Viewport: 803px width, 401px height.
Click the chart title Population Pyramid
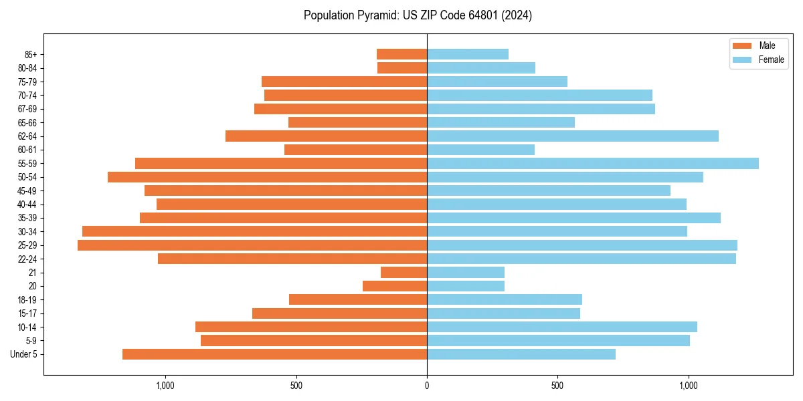coord(418,15)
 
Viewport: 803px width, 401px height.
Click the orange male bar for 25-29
coord(252,245)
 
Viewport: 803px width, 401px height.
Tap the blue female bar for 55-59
coord(593,163)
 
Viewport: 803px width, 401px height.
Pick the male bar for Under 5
coord(274,354)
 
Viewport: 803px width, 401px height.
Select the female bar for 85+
coord(468,54)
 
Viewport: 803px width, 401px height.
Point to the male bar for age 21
coord(404,273)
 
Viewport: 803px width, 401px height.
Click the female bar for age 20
coord(466,286)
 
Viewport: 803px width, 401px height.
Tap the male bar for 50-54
coord(267,177)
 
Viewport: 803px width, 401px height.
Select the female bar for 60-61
coord(480,150)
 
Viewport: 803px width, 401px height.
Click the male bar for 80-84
coord(402,68)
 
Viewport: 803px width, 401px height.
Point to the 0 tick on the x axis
coord(427,385)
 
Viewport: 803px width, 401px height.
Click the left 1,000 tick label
coord(165,385)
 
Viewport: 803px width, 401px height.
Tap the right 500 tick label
coord(557,385)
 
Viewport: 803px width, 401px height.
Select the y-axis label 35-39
coord(27,218)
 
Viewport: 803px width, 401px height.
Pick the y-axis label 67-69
coord(27,109)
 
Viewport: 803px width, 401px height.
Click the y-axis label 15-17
coord(27,313)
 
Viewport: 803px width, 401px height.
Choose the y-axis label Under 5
coord(24,354)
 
